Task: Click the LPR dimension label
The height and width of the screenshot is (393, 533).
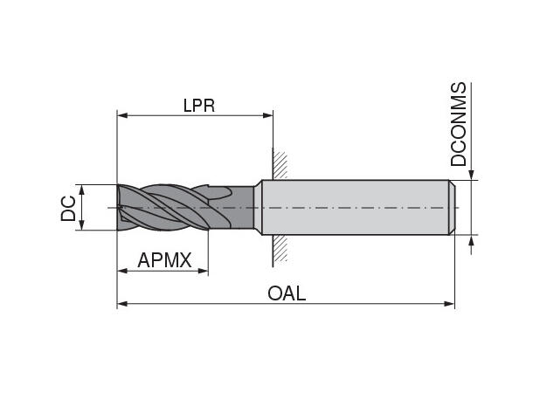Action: click(x=198, y=105)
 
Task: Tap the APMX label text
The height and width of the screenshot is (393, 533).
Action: click(x=164, y=260)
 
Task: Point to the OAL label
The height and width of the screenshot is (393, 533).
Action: click(x=287, y=293)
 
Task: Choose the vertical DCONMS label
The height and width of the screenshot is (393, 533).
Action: click(x=459, y=125)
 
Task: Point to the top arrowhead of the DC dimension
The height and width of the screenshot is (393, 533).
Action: click(x=81, y=189)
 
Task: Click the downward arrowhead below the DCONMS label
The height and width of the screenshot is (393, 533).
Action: click(x=472, y=174)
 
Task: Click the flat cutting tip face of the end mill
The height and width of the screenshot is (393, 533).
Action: click(x=119, y=207)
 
